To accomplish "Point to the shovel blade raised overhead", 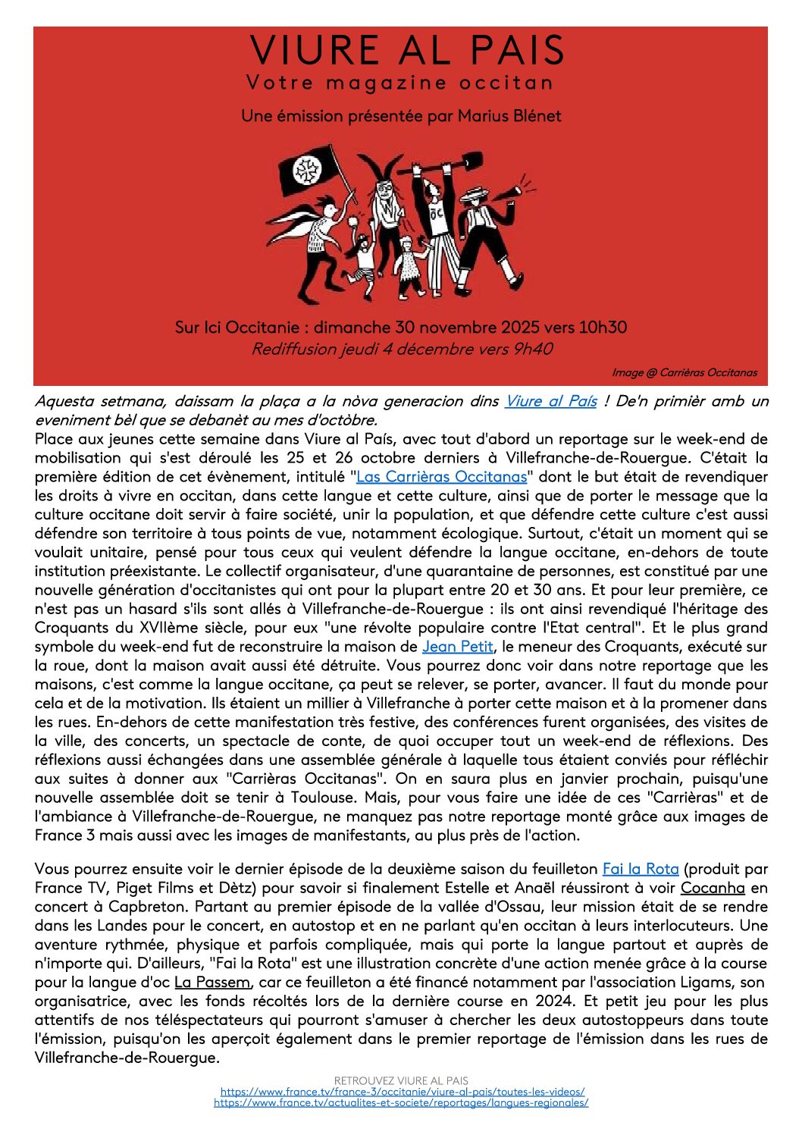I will (x=471, y=161).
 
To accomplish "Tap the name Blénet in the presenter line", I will (x=535, y=116).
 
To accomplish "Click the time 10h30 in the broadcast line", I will (x=603, y=328).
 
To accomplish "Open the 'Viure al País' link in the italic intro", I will (x=550, y=401).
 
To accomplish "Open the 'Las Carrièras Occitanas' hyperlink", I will (x=441, y=477).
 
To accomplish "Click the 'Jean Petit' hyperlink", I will (x=458, y=647).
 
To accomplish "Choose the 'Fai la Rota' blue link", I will (x=640, y=869).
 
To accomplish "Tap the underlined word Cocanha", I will (x=712, y=888).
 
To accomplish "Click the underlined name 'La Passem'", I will (x=211, y=983).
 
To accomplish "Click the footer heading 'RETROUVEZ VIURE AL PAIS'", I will (x=401, y=1080).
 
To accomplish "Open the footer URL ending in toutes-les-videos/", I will (x=402, y=1092).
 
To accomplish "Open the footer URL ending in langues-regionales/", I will (x=401, y=1102).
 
